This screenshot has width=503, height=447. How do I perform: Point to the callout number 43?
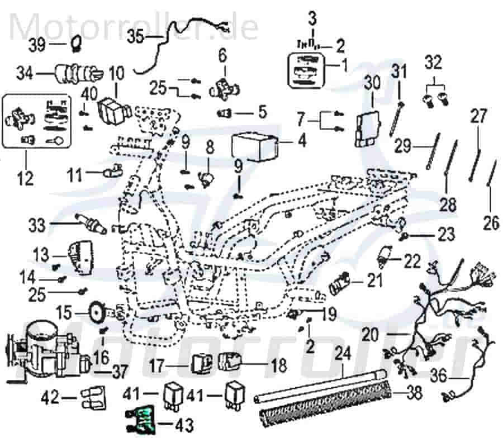183,426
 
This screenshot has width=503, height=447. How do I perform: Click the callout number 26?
490,223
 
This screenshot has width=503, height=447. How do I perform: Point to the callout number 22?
412,260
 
